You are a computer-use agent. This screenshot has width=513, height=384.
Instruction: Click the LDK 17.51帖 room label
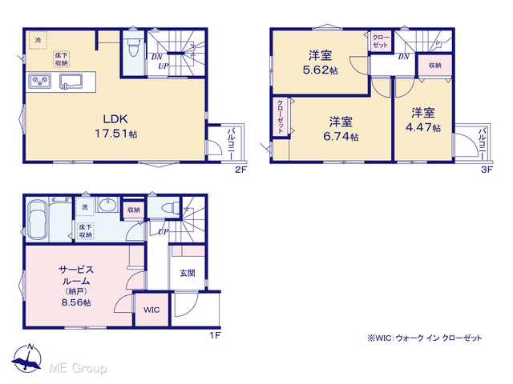115,126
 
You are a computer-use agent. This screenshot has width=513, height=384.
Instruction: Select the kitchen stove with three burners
40,81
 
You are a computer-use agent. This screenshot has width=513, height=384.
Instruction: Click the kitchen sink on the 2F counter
71,82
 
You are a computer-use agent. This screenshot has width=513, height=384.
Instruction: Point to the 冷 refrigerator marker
38,41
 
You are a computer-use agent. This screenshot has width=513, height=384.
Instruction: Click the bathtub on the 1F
38,220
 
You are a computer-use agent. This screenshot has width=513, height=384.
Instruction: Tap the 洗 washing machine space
85,206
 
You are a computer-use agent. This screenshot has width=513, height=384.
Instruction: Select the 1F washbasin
107,206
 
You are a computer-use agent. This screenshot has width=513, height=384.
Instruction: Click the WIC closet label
151,310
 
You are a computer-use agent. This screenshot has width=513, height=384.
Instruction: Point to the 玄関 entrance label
187,274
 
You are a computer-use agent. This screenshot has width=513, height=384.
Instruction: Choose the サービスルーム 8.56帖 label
76,286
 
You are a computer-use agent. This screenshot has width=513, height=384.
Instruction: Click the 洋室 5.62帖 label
320,62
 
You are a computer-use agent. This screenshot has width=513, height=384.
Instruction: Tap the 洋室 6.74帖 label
341,129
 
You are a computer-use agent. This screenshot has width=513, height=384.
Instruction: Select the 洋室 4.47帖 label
423,120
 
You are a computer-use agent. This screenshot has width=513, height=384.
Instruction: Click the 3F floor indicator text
487,170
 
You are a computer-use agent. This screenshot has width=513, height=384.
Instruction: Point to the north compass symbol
26,359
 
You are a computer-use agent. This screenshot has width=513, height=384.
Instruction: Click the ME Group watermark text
78,368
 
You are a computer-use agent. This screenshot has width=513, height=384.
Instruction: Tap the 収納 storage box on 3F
435,66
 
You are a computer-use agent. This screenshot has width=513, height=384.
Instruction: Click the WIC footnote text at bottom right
425,338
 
